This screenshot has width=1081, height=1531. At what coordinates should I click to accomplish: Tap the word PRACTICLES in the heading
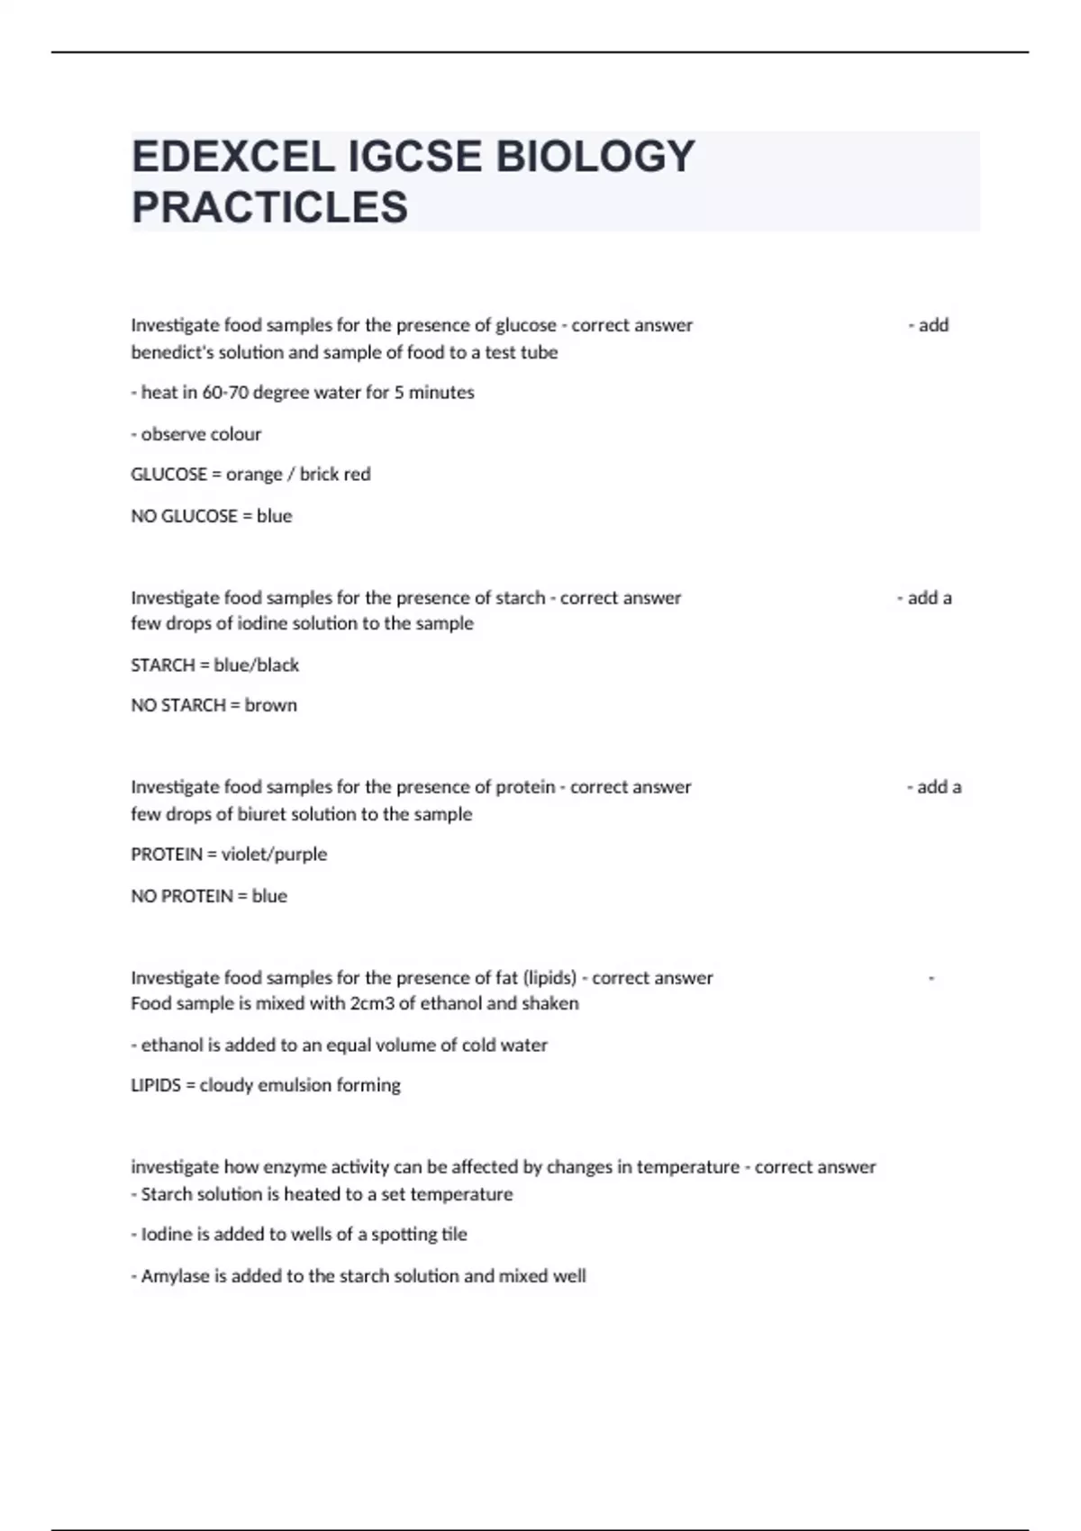coord(269,207)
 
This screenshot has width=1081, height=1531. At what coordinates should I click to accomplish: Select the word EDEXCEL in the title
coord(232,157)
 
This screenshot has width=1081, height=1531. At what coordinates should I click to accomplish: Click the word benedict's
coord(172,352)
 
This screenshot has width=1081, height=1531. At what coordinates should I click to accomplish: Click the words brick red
coord(335,475)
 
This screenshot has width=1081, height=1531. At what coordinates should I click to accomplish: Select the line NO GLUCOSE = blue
coord(212,516)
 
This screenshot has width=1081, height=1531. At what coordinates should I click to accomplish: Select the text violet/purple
coord(274,854)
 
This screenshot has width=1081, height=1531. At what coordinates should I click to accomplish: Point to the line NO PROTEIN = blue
coord(209,896)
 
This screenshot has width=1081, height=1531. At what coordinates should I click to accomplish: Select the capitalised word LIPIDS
coord(156,1085)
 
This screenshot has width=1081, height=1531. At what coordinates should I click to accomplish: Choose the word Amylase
coord(175,1276)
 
